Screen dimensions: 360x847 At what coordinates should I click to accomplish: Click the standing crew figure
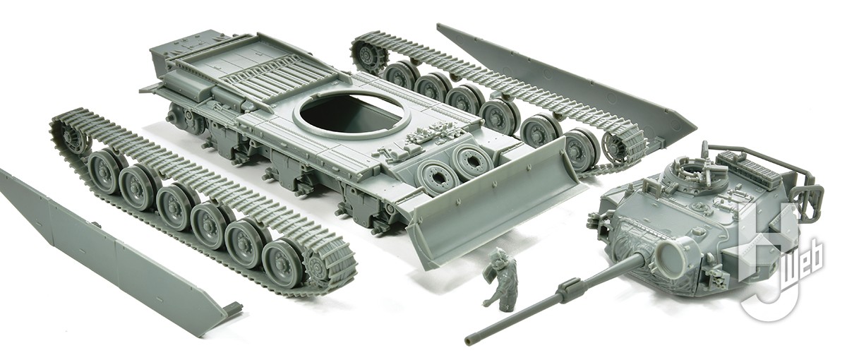[x=503, y=280]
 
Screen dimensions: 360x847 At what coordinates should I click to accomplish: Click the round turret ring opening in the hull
[x=351, y=114]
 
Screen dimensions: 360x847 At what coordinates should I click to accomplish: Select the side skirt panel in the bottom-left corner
[x=106, y=254]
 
